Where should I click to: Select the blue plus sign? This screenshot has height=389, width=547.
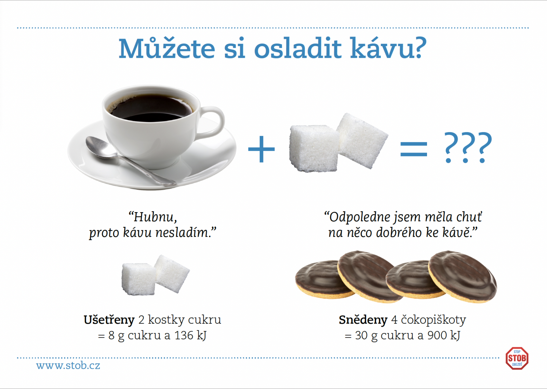[x=262, y=149]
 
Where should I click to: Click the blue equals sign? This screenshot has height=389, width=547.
[x=414, y=149]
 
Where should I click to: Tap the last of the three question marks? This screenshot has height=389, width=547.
[x=482, y=147]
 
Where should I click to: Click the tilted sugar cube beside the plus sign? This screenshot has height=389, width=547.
[x=362, y=141]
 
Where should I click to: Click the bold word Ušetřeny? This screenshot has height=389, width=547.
[x=109, y=320]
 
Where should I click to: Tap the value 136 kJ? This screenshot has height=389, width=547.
[x=190, y=335]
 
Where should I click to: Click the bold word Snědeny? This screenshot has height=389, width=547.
[x=363, y=320]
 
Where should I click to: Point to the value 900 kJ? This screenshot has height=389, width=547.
[x=444, y=335]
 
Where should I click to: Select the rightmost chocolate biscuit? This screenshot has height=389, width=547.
[x=463, y=276]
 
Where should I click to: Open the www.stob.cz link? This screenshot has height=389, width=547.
[x=68, y=365]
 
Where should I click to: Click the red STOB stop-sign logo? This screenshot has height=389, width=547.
[x=517, y=359]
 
